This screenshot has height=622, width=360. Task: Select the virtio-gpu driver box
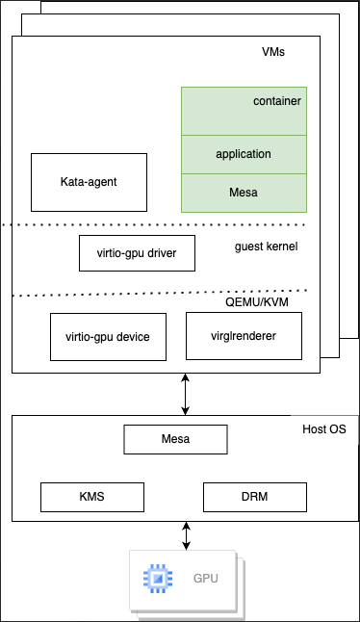[136, 253]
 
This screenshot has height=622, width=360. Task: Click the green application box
[244, 154]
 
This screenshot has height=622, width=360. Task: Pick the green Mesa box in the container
[244, 193]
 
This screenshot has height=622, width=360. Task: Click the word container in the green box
[277, 101]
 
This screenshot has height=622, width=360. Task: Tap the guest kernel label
[267, 247]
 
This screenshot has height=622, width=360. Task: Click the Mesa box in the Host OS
[175, 439]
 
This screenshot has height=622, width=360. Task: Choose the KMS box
[91, 497]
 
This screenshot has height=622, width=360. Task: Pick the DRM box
[255, 497]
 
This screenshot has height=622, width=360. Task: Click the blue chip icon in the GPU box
[156, 580]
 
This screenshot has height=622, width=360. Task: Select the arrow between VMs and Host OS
[186, 394]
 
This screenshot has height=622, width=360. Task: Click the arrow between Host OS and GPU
[186, 535]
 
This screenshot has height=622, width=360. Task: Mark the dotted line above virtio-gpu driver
[96, 225]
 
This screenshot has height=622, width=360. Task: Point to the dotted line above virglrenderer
[241, 291]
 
